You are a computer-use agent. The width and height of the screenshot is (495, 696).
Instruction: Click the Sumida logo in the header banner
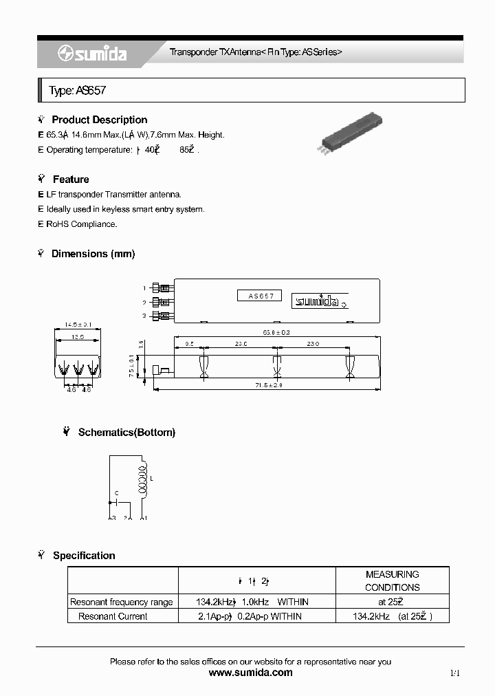(x=91, y=54)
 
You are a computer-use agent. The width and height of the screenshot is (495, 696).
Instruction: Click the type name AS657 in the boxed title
(x=87, y=91)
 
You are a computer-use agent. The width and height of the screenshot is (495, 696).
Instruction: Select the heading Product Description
(x=99, y=120)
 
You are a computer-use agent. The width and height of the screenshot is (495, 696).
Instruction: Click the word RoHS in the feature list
(x=58, y=224)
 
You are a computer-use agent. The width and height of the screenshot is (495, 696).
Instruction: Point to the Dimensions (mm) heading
(x=93, y=254)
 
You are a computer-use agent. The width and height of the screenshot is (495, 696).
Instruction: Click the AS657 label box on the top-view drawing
(x=261, y=296)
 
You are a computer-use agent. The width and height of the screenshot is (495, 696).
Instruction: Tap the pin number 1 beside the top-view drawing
(x=144, y=288)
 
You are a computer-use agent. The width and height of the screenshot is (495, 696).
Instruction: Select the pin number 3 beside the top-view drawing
(x=144, y=316)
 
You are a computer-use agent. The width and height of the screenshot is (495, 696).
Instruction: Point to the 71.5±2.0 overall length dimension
(x=267, y=386)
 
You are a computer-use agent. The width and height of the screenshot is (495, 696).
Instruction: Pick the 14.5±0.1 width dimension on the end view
(x=78, y=325)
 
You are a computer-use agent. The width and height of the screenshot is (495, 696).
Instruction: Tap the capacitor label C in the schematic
(x=117, y=493)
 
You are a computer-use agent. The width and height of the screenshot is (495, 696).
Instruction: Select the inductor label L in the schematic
(x=151, y=478)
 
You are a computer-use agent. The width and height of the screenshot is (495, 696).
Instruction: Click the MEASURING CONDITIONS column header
(x=392, y=580)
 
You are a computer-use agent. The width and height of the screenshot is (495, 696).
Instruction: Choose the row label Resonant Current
(x=113, y=616)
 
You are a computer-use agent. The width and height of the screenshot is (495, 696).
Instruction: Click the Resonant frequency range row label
(x=122, y=602)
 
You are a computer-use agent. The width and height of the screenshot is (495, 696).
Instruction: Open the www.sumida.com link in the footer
(x=250, y=673)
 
